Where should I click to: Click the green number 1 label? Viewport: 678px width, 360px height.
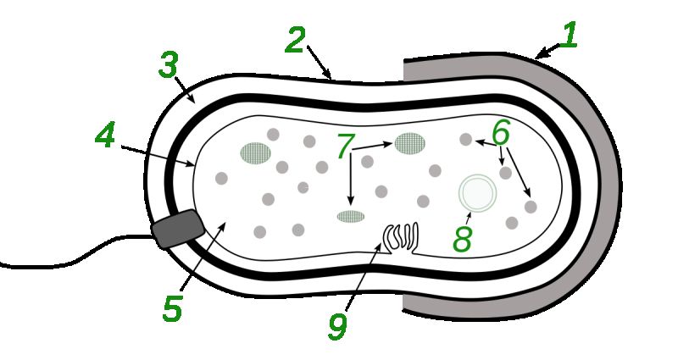(x=569, y=35)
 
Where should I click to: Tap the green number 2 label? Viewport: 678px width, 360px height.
(x=295, y=40)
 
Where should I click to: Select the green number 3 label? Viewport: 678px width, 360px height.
(x=168, y=65)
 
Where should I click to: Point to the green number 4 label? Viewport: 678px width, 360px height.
(x=105, y=136)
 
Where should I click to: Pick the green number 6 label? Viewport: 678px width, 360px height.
(x=501, y=132)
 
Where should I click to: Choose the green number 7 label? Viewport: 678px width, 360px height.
(x=346, y=146)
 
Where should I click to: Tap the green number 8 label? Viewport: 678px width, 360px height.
(x=462, y=238)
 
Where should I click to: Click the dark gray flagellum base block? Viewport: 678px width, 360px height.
(x=178, y=229)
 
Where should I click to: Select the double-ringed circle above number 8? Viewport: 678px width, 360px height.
(x=477, y=193)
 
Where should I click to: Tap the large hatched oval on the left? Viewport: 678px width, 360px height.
(x=256, y=153)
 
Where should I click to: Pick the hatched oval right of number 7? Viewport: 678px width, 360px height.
(x=409, y=143)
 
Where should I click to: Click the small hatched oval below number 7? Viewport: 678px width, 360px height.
(x=351, y=216)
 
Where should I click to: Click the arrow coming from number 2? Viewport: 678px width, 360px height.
(x=320, y=62)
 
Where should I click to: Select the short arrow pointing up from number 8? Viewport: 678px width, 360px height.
(x=469, y=219)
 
